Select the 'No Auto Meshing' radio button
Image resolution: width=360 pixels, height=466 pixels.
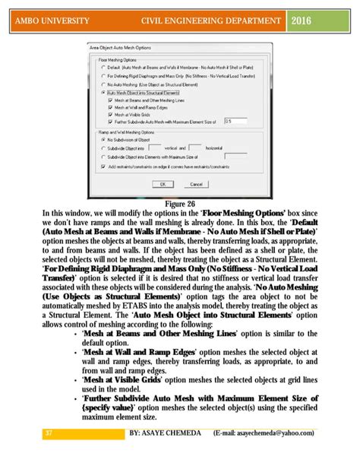(x=103, y=84)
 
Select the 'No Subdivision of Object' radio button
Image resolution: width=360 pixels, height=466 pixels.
(x=103, y=139)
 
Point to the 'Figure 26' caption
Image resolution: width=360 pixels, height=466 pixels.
(x=180, y=204)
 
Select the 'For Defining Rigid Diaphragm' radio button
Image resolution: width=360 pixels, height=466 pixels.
(x=103, y=75)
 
